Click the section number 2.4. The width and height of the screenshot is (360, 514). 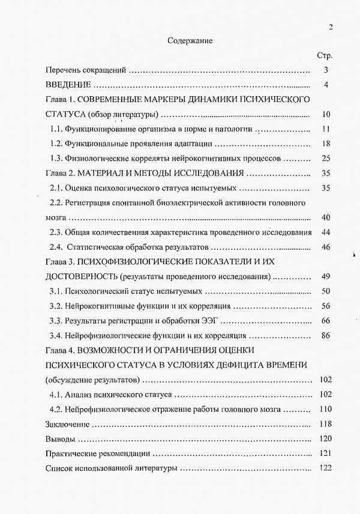click(58, 247)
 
